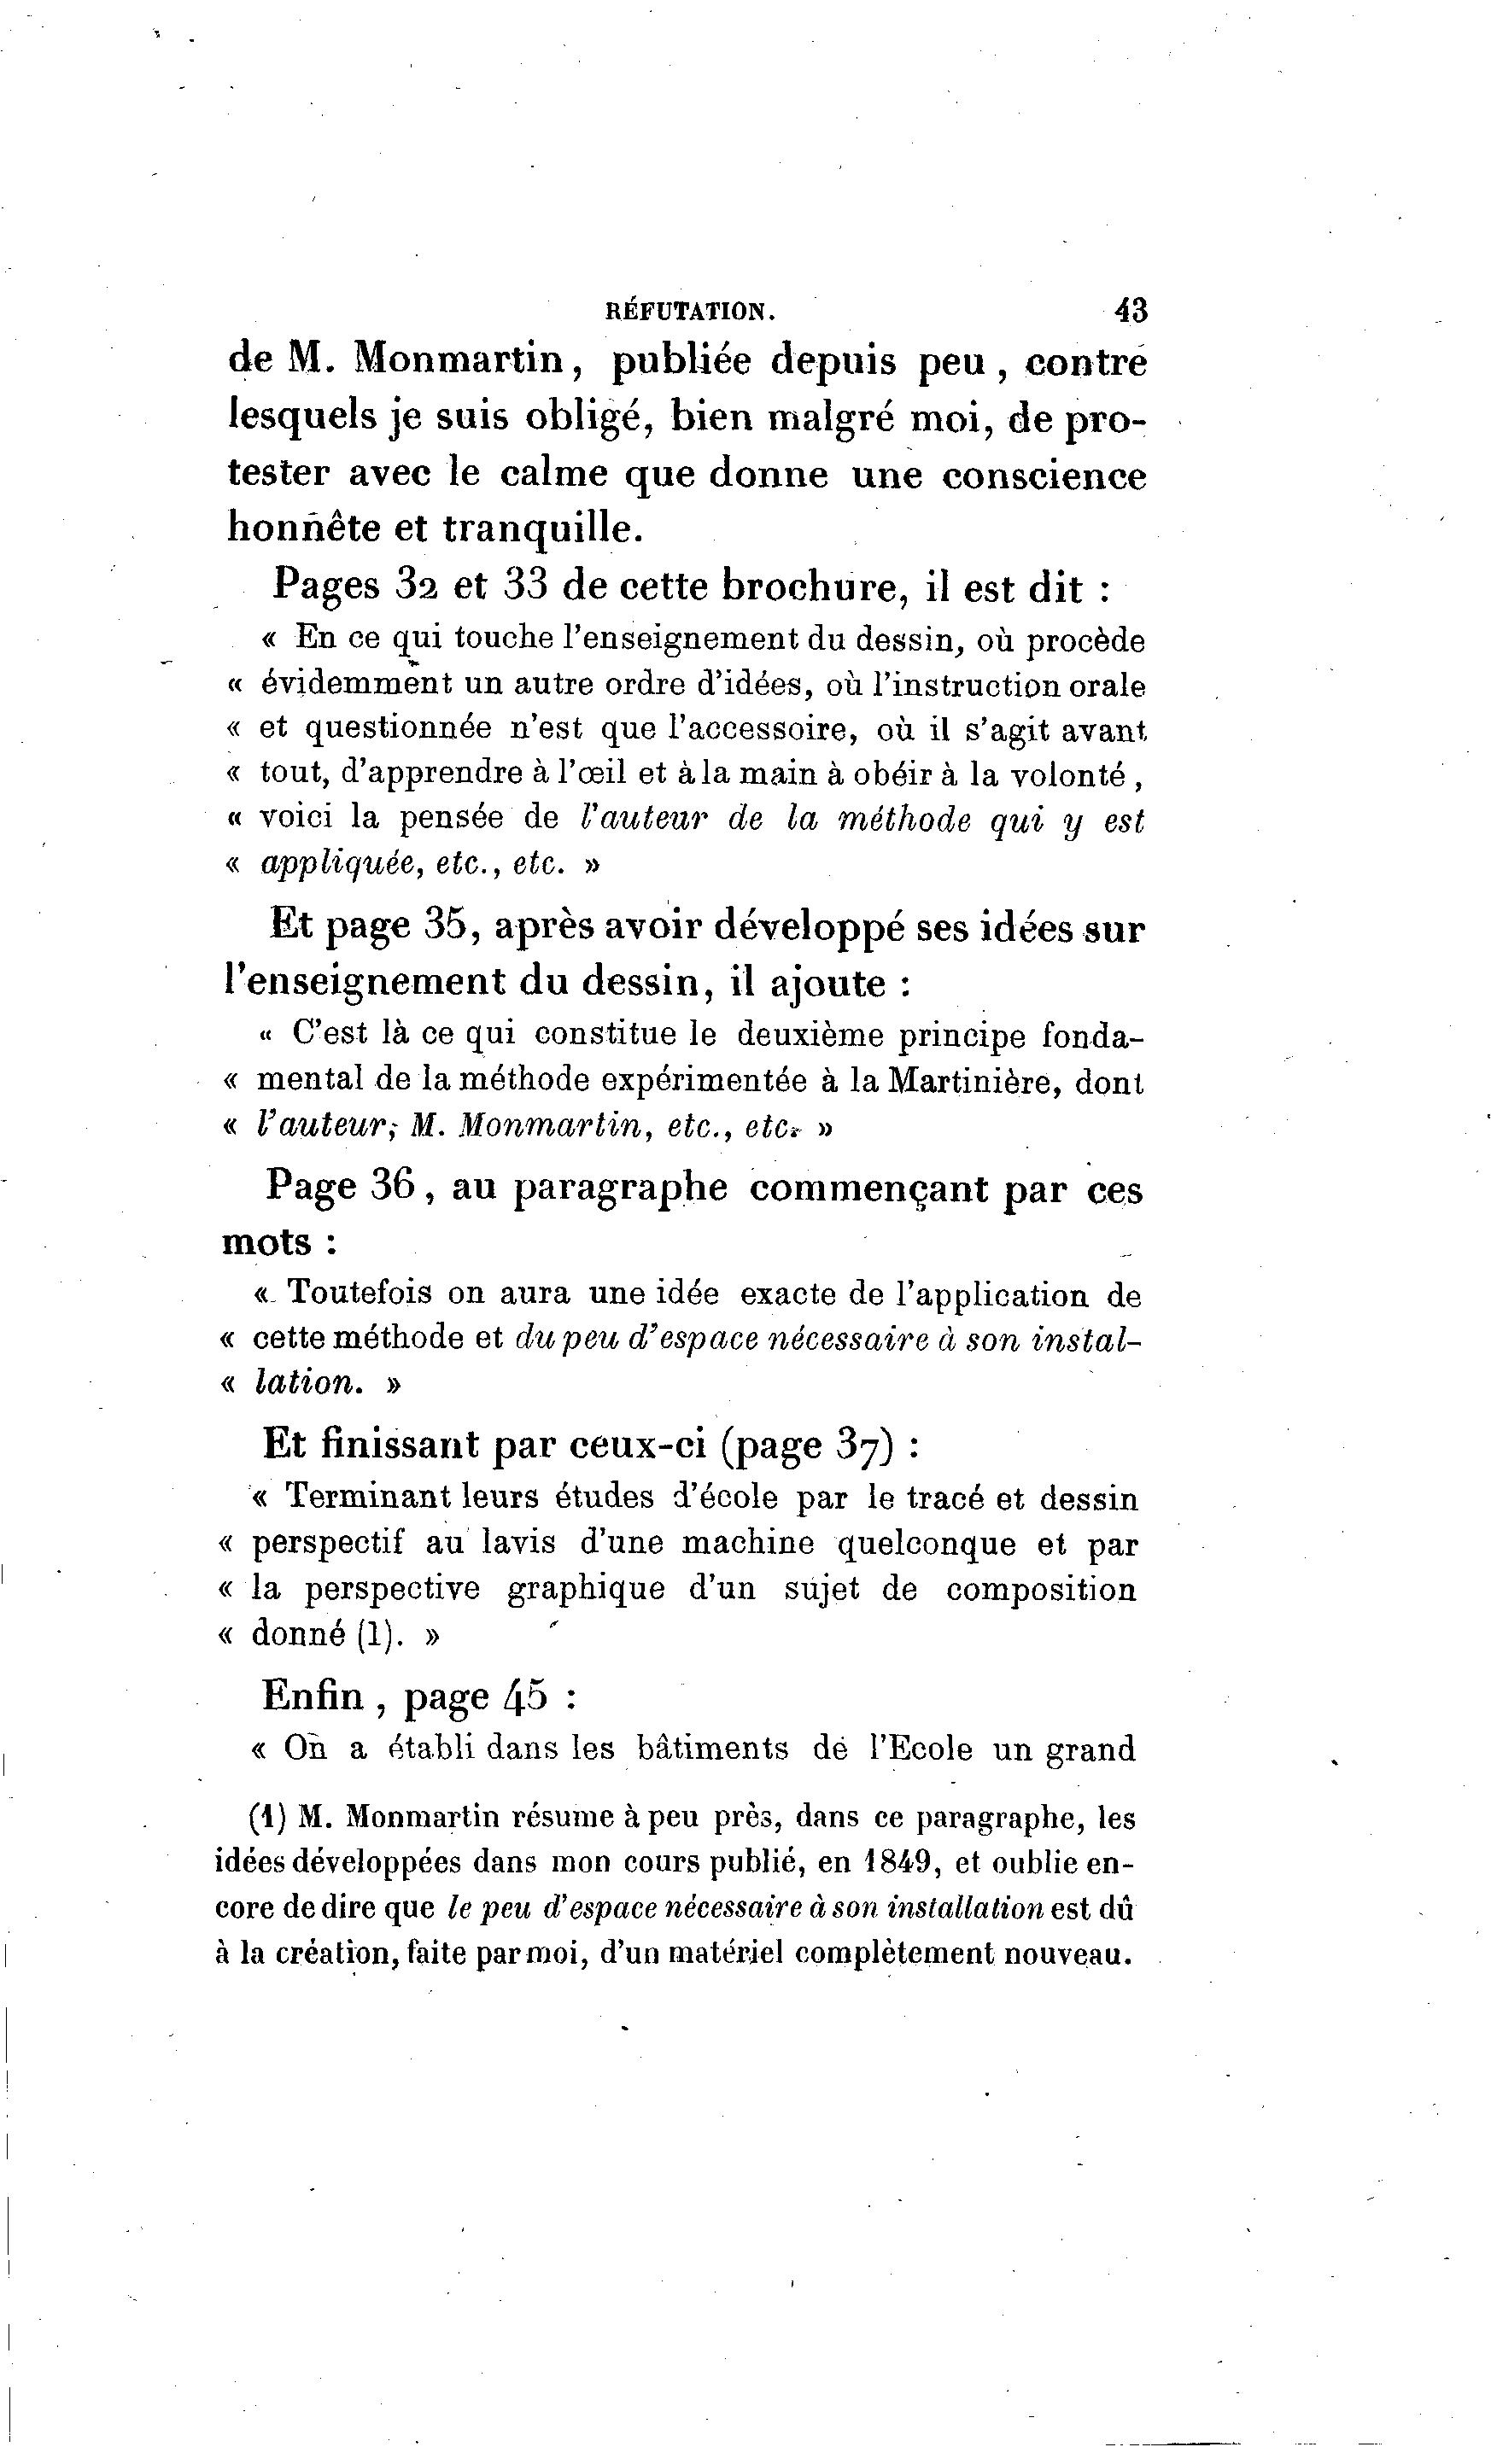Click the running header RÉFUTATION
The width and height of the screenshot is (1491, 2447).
pos(689,311)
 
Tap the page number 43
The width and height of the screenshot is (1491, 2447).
pos(1131,310)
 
